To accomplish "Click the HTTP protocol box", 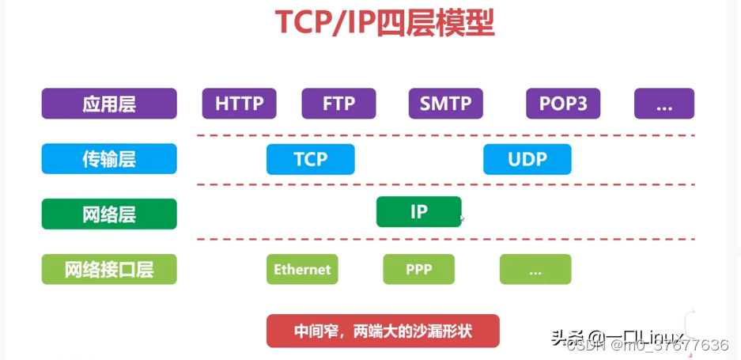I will pos(239,103).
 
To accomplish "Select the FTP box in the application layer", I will pos(338,103).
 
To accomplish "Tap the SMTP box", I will pos(445,103).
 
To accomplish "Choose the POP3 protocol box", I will pos(563,103).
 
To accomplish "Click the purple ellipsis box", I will pos(663,103).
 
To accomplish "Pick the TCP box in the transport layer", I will pos(310,159).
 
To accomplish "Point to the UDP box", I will pos(527,159).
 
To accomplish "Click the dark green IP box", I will pos(418,212).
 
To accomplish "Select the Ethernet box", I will pos(302,269).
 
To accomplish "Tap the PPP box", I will pos(418,269).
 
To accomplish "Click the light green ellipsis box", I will pos(535,269).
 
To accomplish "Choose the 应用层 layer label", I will pos(109,103).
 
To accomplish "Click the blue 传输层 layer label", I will pos(109,159).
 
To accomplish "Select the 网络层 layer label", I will pos(109,214).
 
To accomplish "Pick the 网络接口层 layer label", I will pos(109,269).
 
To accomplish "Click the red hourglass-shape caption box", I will pos(383,331).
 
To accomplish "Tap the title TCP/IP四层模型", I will pos(384,24).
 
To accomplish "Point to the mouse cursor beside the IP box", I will pos(462,218).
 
